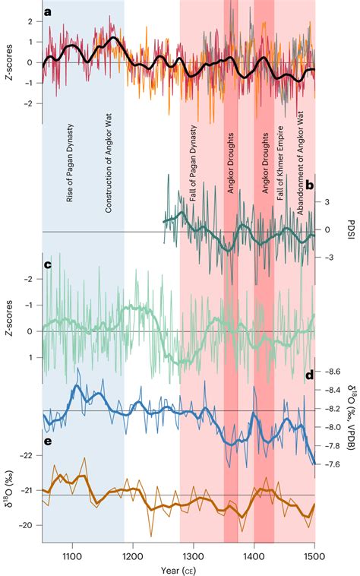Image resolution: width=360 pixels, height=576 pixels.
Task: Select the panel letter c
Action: [x=48, y=265]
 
